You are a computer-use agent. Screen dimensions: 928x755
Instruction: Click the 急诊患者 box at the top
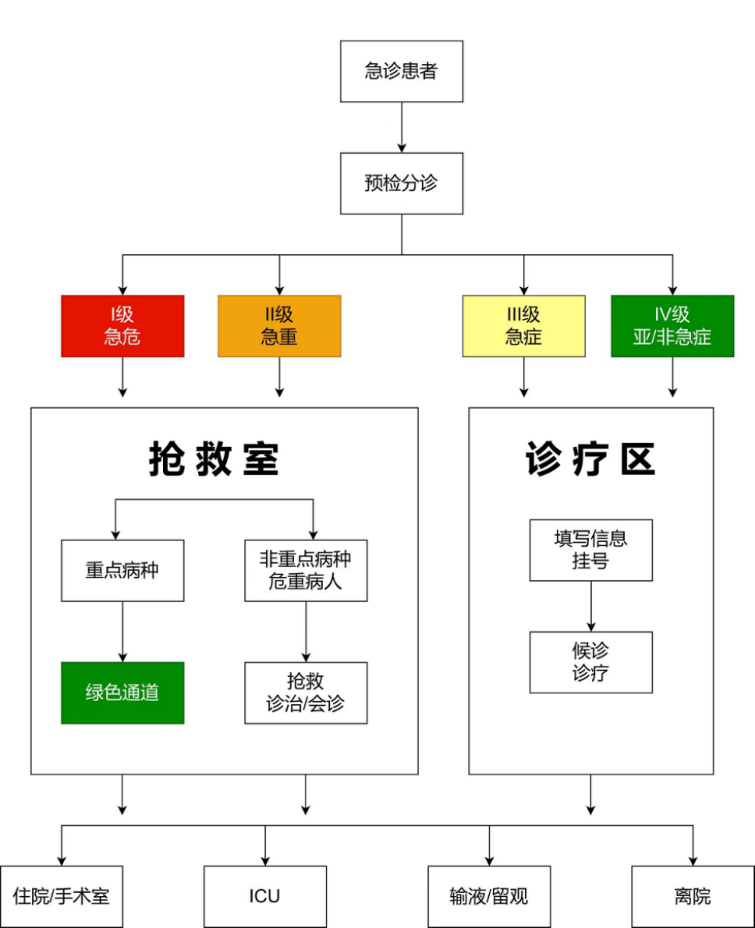click(402, 71)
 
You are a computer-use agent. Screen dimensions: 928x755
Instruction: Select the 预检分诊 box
click(402, 183)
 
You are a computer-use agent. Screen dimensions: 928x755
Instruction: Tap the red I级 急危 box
click(122, 326)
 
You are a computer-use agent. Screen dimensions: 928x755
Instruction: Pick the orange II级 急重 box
click(279, 326)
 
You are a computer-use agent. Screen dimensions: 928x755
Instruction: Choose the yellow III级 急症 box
click(523, 326)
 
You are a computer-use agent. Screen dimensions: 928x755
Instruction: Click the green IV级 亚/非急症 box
click(672, 326)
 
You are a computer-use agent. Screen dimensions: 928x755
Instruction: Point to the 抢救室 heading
click(214, 459)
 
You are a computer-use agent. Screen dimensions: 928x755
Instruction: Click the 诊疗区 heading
click(590, 459)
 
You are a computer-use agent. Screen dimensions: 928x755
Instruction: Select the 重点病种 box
click(122, 570)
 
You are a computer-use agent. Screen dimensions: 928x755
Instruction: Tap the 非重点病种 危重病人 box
click(306, 570)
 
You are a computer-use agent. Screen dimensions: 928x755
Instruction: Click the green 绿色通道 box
click(122, 692)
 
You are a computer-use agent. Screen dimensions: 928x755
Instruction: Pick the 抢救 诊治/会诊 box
click(306, 692)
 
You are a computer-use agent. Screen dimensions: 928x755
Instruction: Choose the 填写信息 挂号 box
click(590, 550)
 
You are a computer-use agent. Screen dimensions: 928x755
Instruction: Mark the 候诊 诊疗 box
click(590, 662)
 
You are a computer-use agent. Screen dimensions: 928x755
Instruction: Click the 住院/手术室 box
click(62, 896)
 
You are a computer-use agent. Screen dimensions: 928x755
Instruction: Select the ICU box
click(264, 896)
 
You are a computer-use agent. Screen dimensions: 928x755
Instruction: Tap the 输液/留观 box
click(489, 896)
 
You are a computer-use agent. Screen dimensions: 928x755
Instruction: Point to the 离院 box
click(693, 896)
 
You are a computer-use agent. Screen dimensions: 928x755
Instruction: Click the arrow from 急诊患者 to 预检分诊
click(402, 126)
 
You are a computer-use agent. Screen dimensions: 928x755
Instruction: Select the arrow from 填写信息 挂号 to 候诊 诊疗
click(590, 606)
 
